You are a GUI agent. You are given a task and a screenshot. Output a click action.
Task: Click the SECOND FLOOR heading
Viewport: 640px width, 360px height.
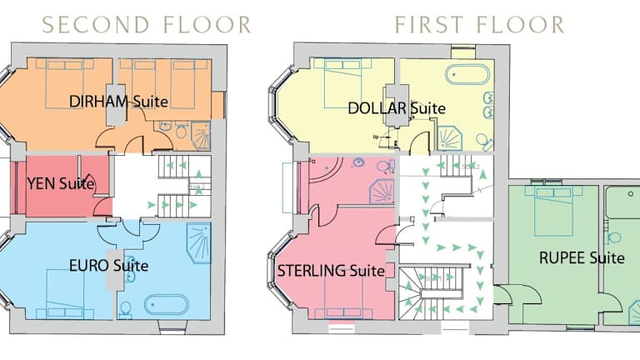coord(147,25)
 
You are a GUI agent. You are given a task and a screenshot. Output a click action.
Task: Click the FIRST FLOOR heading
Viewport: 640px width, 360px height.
coord(480,25)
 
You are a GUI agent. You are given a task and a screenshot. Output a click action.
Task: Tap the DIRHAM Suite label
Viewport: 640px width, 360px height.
coord(118,101)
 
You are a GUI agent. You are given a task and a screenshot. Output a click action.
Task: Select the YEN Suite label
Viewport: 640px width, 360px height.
coord(60,183)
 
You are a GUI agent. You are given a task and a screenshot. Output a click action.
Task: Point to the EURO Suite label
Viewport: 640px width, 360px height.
coord(108,266)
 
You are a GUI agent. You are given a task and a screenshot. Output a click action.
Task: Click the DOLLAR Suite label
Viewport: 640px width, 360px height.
coord(397,108)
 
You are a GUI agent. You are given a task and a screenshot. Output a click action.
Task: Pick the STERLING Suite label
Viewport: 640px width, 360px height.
coord(331,271)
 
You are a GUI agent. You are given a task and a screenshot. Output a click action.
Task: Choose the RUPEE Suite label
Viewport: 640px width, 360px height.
coord(582,258)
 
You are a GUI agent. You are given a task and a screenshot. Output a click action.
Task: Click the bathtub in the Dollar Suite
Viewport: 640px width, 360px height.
coord(467,74)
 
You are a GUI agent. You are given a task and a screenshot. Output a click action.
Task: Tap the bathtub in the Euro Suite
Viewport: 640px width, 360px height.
coord(167,304)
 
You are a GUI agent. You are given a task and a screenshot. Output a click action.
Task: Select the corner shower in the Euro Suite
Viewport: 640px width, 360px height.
coord(199,242)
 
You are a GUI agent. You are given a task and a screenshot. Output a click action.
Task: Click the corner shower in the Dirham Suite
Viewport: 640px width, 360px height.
coord(201,136)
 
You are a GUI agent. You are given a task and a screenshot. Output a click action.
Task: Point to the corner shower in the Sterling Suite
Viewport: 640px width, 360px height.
coord(382,191)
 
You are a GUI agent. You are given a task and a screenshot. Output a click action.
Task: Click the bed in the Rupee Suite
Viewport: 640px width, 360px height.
coord(554,211)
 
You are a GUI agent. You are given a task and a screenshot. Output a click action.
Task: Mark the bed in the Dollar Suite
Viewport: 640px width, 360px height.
coord(342,82)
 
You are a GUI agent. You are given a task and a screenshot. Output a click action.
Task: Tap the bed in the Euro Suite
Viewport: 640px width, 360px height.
coord(65,294)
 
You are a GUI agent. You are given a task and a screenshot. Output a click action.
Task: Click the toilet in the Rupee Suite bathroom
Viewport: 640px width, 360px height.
coord(613,237)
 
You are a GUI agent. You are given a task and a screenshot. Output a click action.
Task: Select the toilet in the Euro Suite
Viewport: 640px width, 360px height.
coord(126,308)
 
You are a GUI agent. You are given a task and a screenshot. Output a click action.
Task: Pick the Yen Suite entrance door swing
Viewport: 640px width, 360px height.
coord(102,207)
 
